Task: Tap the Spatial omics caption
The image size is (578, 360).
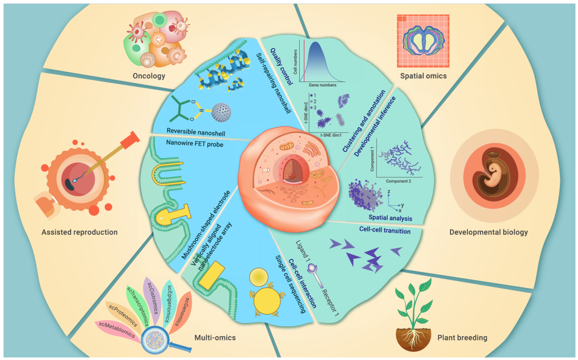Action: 423,76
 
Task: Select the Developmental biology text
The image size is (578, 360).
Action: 488,232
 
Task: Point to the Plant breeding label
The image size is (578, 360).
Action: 462,338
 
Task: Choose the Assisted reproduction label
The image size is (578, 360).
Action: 79,232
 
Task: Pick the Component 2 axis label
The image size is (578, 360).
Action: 400,181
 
